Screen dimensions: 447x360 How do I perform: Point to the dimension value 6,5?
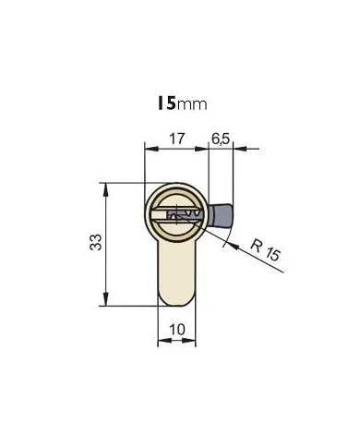(221, 139)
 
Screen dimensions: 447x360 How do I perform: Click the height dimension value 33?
(95, 242)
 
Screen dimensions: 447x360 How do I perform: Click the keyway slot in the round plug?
(177, 215)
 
